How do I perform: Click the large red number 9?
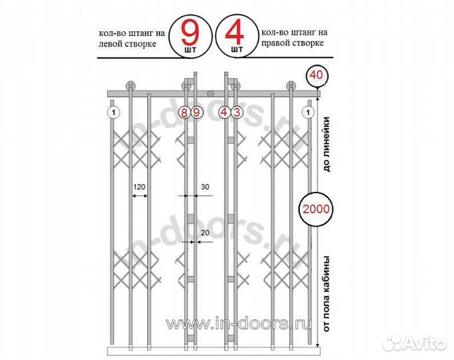(190, 31)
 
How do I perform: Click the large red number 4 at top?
(235, 31)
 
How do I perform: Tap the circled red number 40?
(316, 75)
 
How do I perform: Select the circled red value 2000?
(316, 209)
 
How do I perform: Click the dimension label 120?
(139, 187)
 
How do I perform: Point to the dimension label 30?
(205, 187)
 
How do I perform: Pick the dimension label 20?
(205, 233)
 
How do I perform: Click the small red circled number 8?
(184, 112)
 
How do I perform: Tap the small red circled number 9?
(196, 112)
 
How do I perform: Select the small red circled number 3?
(237, 112)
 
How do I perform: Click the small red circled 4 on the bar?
(224, 112)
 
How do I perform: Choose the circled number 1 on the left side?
(114, 113)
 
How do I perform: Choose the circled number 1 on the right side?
(308, 113)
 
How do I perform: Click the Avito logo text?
(425, 344)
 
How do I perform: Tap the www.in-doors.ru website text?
(238, 324)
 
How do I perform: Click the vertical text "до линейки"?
(327, 144)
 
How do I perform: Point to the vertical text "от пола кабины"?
(327, 294)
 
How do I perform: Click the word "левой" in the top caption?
(112, 44)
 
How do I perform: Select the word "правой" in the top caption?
(275, 43)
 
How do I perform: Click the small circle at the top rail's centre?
(211, 94)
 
